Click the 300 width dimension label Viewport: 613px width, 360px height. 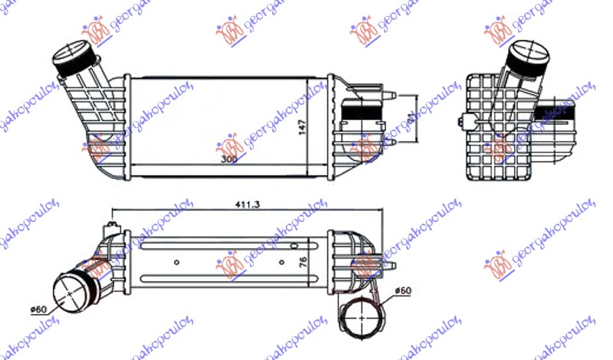pos(228,159)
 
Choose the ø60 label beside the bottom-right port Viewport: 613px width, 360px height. pos(404,292)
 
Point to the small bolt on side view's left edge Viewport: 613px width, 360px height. pos(461,121)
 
